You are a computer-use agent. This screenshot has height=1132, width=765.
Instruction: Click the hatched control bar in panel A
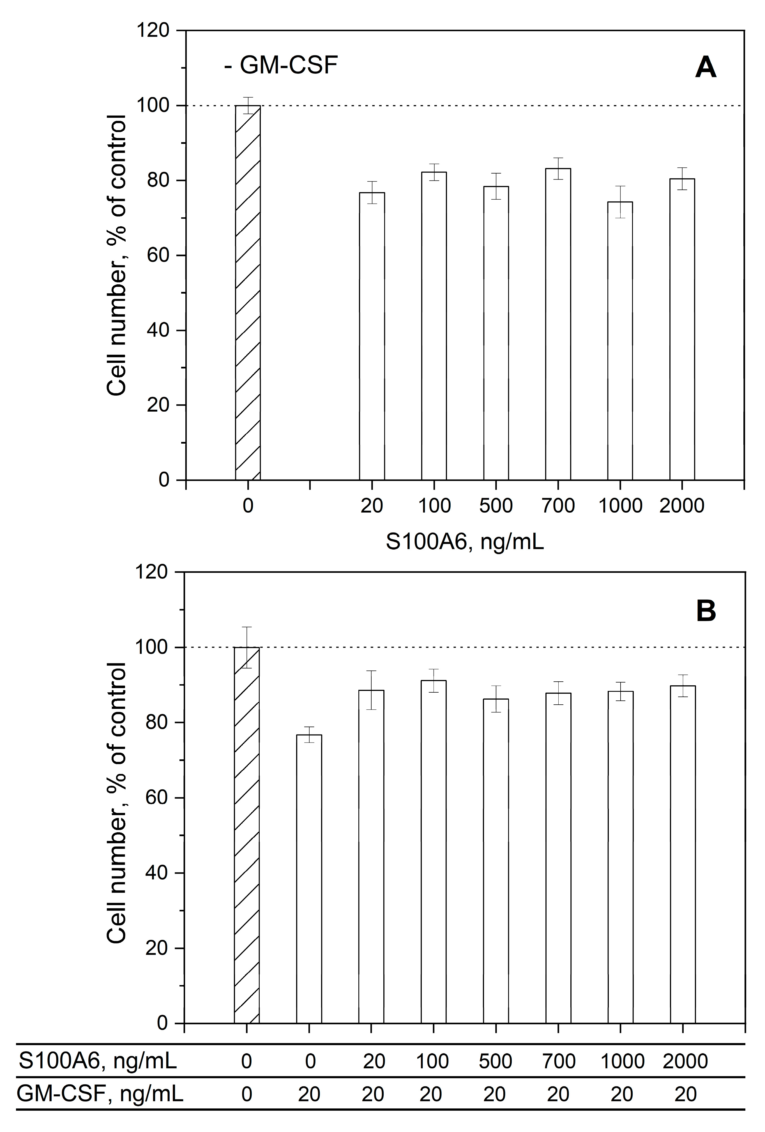click(248, 292)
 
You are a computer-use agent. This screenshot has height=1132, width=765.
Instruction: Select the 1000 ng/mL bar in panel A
click(620, 341)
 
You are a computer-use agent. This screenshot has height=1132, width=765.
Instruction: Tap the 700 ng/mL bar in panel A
click(558, 324)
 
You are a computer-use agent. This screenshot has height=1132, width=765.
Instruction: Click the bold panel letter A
click(705, 68)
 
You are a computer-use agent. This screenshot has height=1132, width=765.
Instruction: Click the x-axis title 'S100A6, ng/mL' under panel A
click(464, 542)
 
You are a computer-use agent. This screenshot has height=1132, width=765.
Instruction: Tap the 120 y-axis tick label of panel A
click(153, 31)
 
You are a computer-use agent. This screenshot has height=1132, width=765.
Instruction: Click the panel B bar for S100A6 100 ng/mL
click(433, 852)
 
